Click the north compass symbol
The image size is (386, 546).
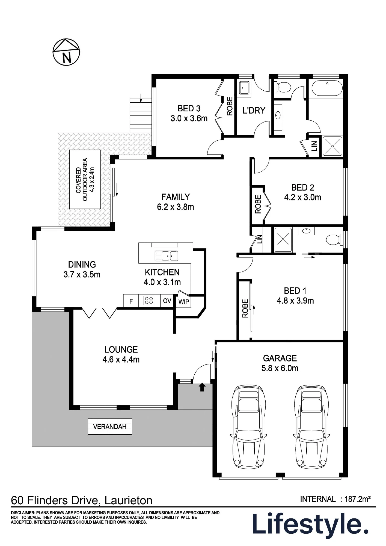pos(66,52)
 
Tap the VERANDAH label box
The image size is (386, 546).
pos(110,426)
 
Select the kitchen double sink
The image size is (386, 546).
pos(166,256)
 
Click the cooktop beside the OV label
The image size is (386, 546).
pos(149,301)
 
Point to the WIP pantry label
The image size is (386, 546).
pos(184,302)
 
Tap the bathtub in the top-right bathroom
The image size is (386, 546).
pos(327,88)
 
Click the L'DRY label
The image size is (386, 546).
pos(254,111)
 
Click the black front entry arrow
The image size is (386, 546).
pos(202,387)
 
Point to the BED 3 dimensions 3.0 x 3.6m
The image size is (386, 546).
pos(189,118)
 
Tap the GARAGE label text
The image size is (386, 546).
pos(280,358)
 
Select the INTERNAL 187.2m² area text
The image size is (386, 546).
pos(335,499)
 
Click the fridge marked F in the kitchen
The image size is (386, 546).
pos(131,301)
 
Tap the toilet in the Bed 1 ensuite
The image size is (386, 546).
pos(335,239)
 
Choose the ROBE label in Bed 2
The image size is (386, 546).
pos(258,204)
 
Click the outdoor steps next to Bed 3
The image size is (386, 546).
pos(140,115)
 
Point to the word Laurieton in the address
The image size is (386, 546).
pos(128,500)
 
